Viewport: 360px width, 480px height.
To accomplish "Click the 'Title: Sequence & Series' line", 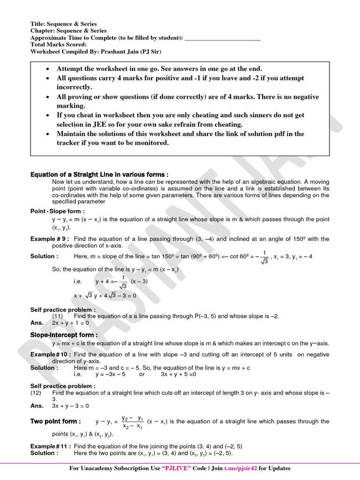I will (64, 24).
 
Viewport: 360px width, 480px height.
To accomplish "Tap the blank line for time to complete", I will (223, 38).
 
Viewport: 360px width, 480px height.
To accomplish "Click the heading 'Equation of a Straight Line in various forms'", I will (99, 174).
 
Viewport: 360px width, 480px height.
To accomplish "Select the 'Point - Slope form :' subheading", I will (58, 211).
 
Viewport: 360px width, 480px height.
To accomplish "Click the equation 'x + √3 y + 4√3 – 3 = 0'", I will (105, 296).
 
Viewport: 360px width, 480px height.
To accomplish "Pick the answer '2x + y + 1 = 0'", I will (70, 323).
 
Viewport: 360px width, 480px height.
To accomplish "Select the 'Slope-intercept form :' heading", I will (64, 335).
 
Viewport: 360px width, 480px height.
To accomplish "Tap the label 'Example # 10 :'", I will (51, 354).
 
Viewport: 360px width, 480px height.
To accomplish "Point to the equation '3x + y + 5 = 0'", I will (178, 375).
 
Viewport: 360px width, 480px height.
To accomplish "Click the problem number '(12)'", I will (36, 392).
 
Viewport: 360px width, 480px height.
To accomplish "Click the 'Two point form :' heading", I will (55, 421).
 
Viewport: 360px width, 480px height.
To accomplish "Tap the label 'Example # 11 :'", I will (51, 446).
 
